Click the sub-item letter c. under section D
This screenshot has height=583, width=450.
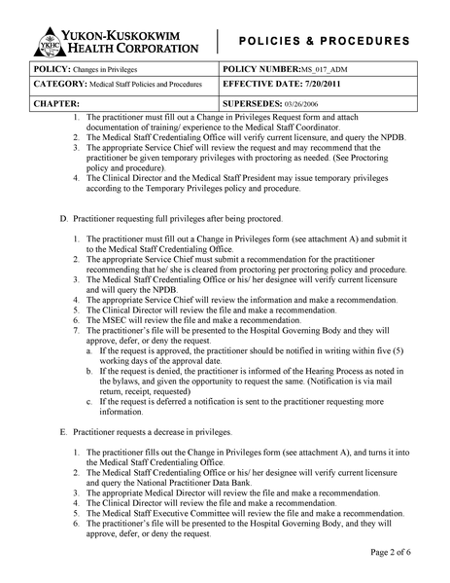(x=89, y=401)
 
